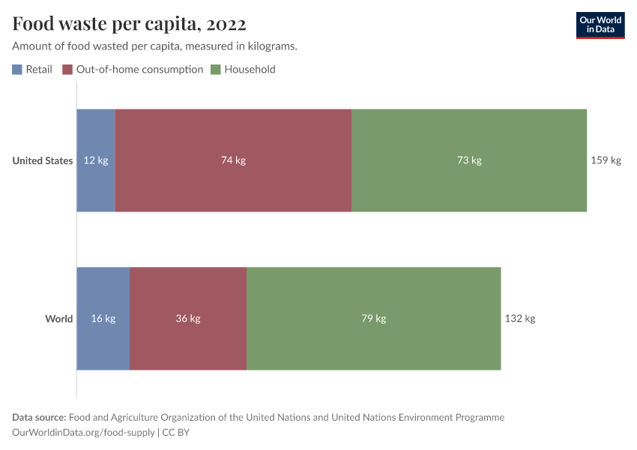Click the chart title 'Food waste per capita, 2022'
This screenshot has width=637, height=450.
(x=129, y=25)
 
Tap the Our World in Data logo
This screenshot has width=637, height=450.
(x=600, y=25)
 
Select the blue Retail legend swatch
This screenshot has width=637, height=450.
(x=17, y=70)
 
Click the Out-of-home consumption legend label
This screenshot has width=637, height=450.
(x=139, y=70)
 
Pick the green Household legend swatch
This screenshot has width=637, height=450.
(x=216, y=70)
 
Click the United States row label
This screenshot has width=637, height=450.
(x=43, y=160)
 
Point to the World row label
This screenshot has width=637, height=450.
(x=58, y=319)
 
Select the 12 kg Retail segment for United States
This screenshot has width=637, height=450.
(x=96, y=160)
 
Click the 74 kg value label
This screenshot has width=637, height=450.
(x=233, y=160)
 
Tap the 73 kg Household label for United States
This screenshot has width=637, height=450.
(x=469, y=160)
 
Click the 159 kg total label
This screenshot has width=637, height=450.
(x=606, y=160)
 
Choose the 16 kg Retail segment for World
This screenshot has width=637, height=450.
(x=103, y=319)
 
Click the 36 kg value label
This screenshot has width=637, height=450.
(x=188, y=319)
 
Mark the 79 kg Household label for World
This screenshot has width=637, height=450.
(x=373, y=319)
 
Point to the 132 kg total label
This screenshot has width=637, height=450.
(x=519, y=319)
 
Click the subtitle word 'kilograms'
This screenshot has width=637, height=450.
(x=272, y=46)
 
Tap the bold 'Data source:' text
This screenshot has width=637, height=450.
(x=39, y=418)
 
